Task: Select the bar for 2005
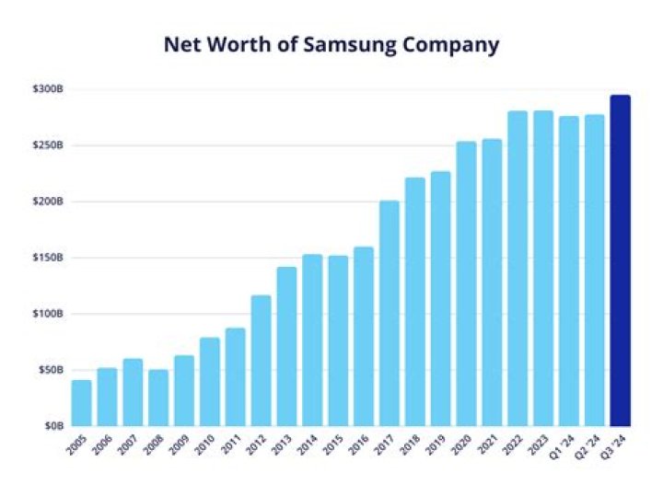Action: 82,403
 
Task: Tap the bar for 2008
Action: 158,398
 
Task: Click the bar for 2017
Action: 390,313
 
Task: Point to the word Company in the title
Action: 453,45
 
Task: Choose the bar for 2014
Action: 312,340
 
